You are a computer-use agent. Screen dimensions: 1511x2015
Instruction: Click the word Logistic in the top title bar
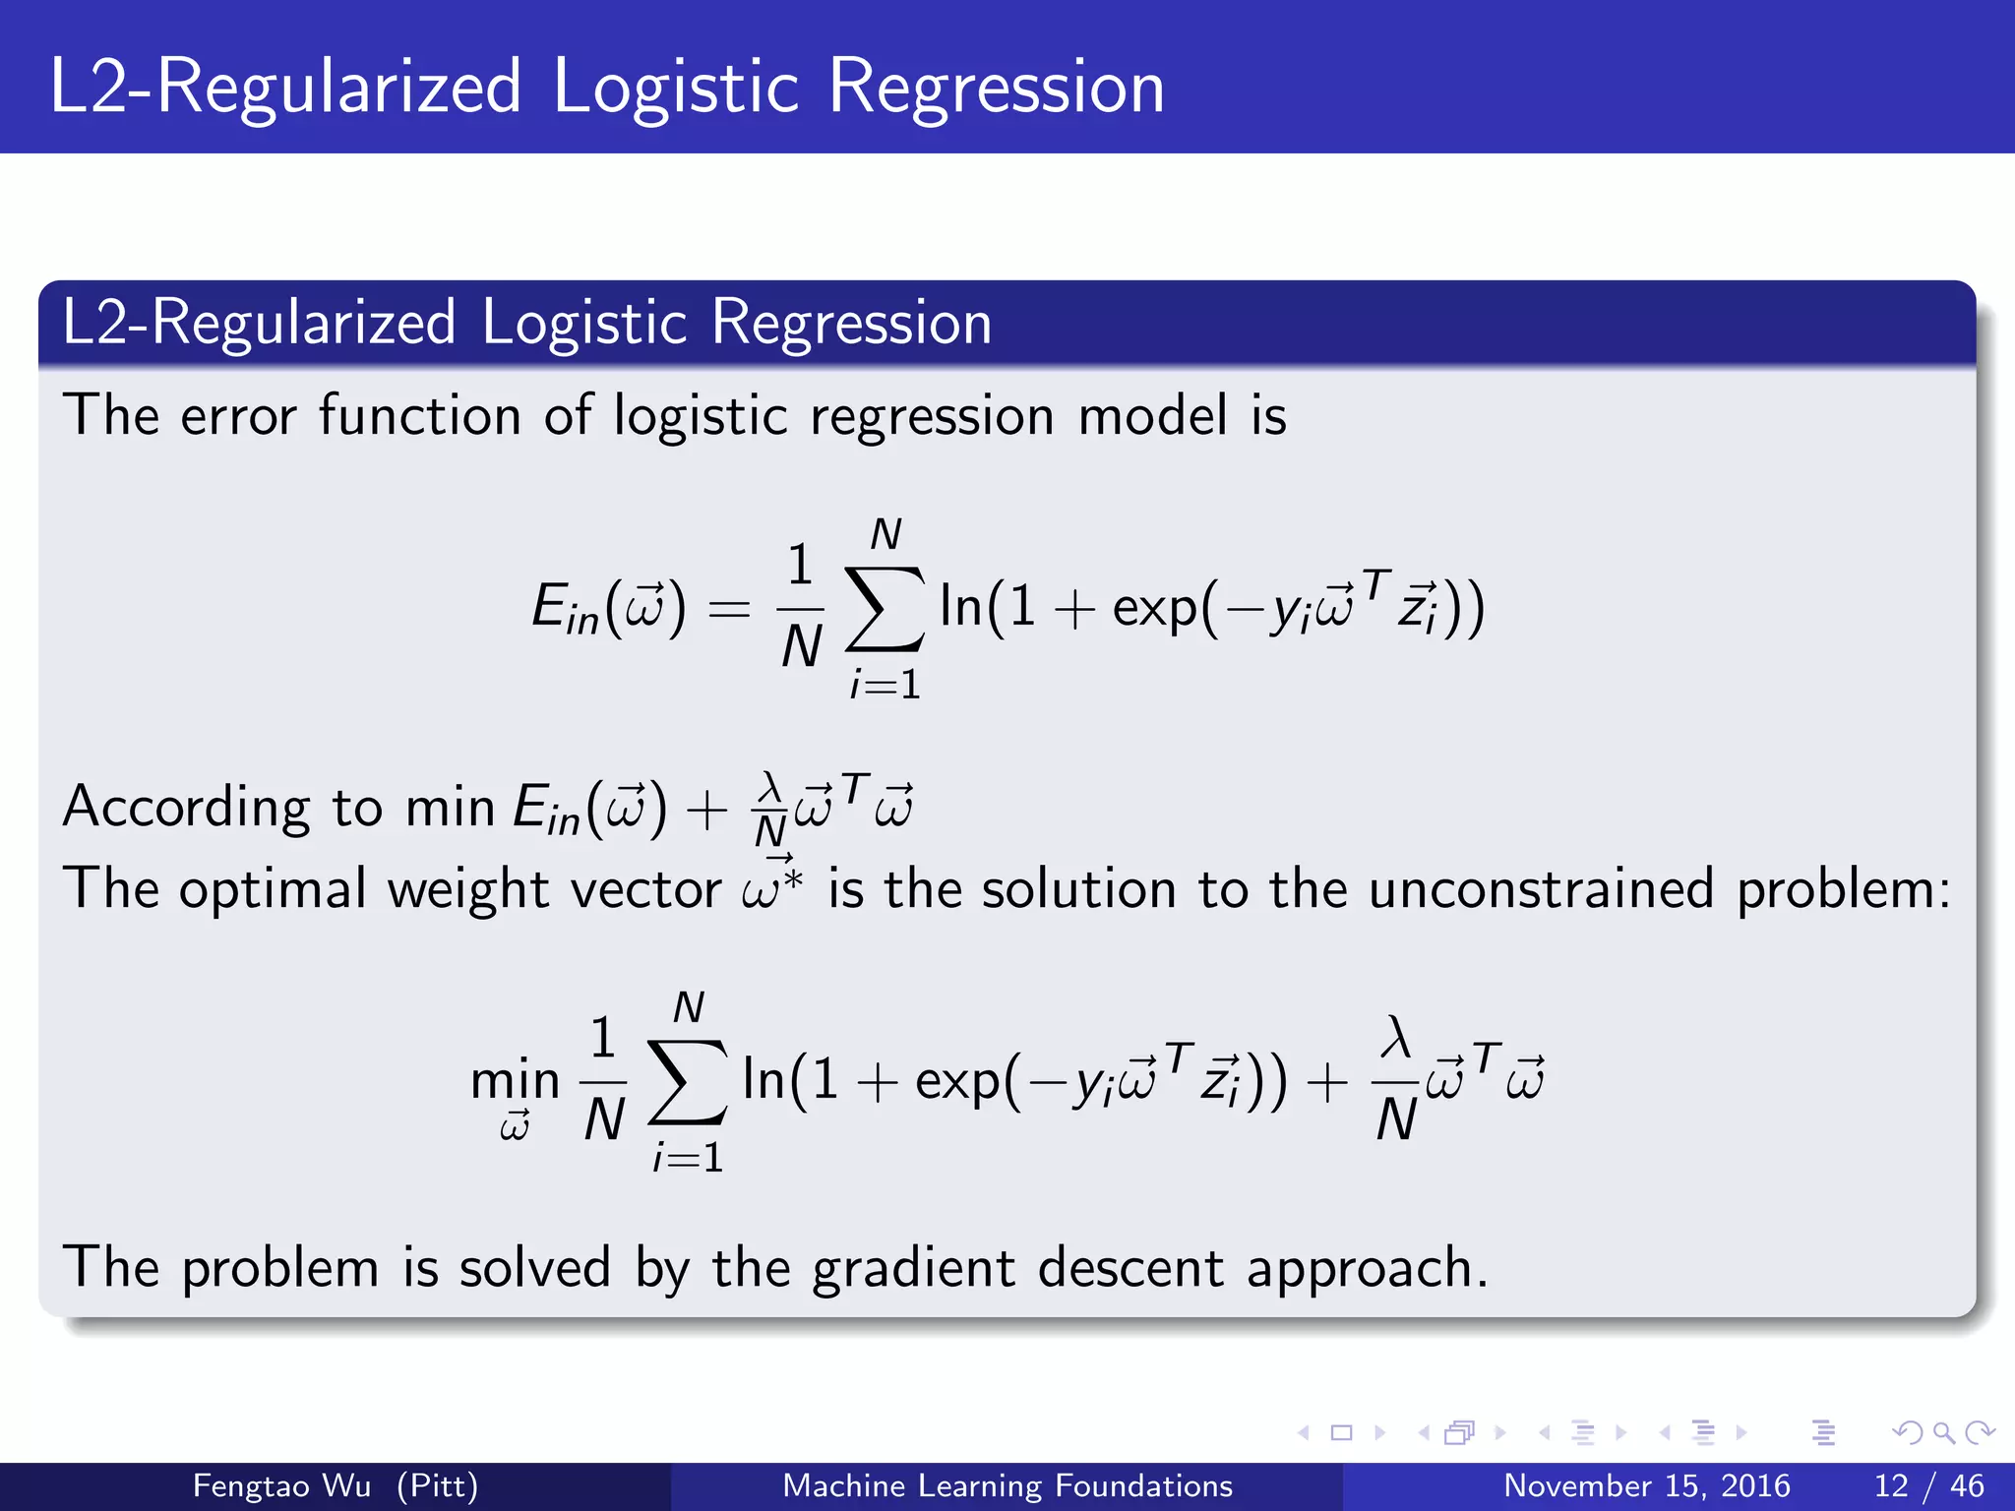click(x=675, y=89)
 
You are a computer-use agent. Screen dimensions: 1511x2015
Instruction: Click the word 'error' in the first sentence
click(x=238, y=416)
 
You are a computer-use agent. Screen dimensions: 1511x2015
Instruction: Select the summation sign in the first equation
click(x=885, y=609)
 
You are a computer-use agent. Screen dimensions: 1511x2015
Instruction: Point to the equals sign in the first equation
click(x=729, y=609)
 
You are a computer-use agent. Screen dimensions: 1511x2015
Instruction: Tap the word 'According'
click(x=187, y=809)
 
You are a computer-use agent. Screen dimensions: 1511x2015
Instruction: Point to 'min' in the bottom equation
click(x=515, y=1080)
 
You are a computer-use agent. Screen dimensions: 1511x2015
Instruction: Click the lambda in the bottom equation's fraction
click(x=1396, y=1038)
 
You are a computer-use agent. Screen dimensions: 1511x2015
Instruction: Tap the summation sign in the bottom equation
click(x=688, y=1082)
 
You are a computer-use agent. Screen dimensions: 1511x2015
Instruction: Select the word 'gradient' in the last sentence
click(x=913, y=1268)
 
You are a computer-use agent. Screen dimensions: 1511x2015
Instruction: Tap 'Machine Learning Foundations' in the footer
click(x=1007, y=1485)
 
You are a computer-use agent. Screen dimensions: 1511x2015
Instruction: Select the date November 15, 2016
click(x=1646, y=1485)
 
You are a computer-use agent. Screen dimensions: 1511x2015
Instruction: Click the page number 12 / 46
click(x=1928, y=1485)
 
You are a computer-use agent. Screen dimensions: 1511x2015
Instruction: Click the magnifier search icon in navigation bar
click(x=1943, y=1432)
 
